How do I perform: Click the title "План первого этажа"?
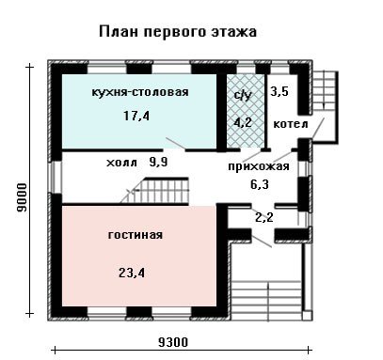coord(178,32)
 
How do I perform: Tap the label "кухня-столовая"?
coord(140,92)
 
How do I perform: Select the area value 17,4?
coord(136,116)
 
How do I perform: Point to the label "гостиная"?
coord(136,235)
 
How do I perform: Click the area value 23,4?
coord(132,274)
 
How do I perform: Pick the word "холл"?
coord(122,163)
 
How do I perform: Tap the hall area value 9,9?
coord(157,163)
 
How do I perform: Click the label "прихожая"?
coord(259,166)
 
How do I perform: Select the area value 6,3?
coord(260,184)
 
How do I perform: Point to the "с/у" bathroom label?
coord(243,96)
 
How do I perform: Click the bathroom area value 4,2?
coord(243,122)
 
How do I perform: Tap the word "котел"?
coord(291,124)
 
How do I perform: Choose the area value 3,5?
coord(279,92)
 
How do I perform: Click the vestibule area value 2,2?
coord(264,217)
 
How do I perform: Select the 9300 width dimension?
coord(173,342)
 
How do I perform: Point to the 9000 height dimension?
coord(23,197)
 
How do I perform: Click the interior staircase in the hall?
coord(157,190)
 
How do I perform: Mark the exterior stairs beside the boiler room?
coord(325,90)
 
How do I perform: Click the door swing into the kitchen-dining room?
coord(175,144)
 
